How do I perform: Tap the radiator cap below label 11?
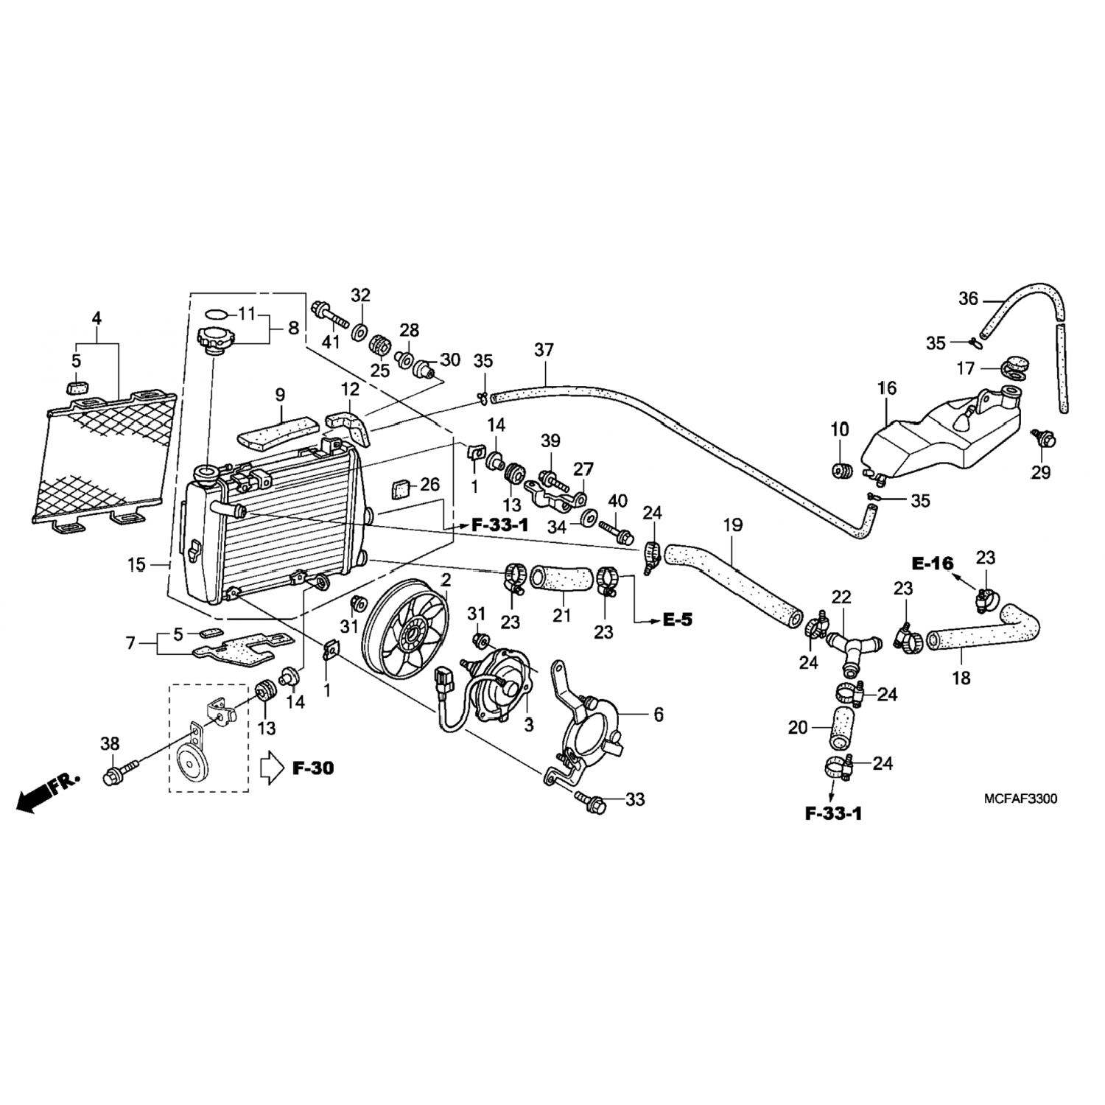tap(215, 341)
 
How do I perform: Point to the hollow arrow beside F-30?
tap(273, 768)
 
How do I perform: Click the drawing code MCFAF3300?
tap(1020, 799)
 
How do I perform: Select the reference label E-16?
tap(931, 564)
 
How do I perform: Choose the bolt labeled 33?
tap(591, 802)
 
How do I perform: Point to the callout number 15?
tap(136, 566)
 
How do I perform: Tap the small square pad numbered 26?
tap(401, 488)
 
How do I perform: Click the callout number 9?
tap(280, 396)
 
